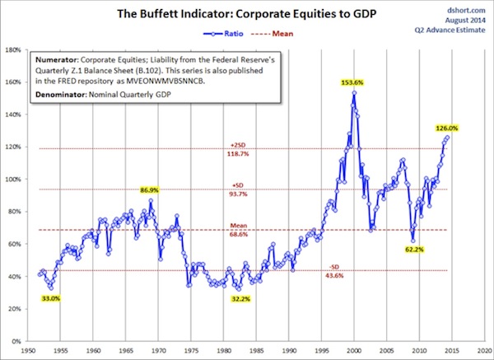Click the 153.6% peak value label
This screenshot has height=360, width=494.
353,83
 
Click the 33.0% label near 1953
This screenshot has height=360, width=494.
49,297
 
